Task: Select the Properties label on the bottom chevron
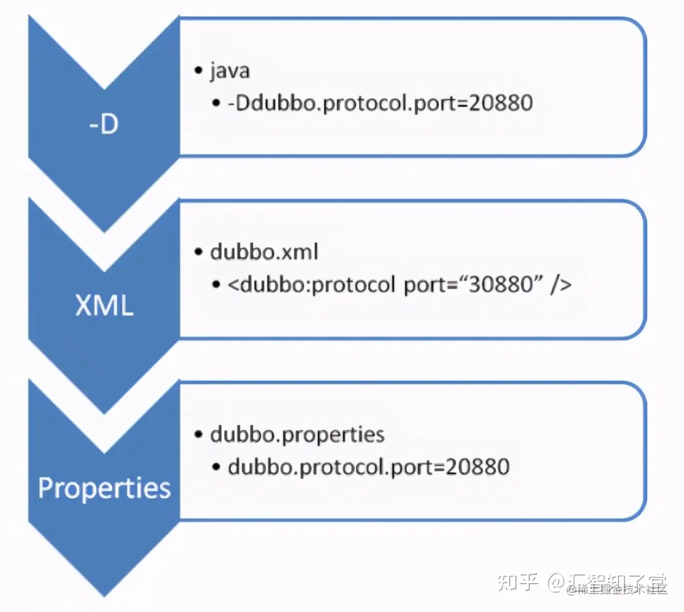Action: click(104, 488)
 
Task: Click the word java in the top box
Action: click(230, 70)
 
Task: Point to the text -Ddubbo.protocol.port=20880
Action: click(380, 103)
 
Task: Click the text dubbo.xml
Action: click(264, 252)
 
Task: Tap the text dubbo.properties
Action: click(298, 435)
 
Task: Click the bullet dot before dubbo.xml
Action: click(198, 253)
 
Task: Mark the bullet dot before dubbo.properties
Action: click(198, 435)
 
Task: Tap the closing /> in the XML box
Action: click(561, 284)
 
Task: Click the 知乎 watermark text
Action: click(519, 580)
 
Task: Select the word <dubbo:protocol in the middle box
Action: click(311, 284)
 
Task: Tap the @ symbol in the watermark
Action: click(557, 581)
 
